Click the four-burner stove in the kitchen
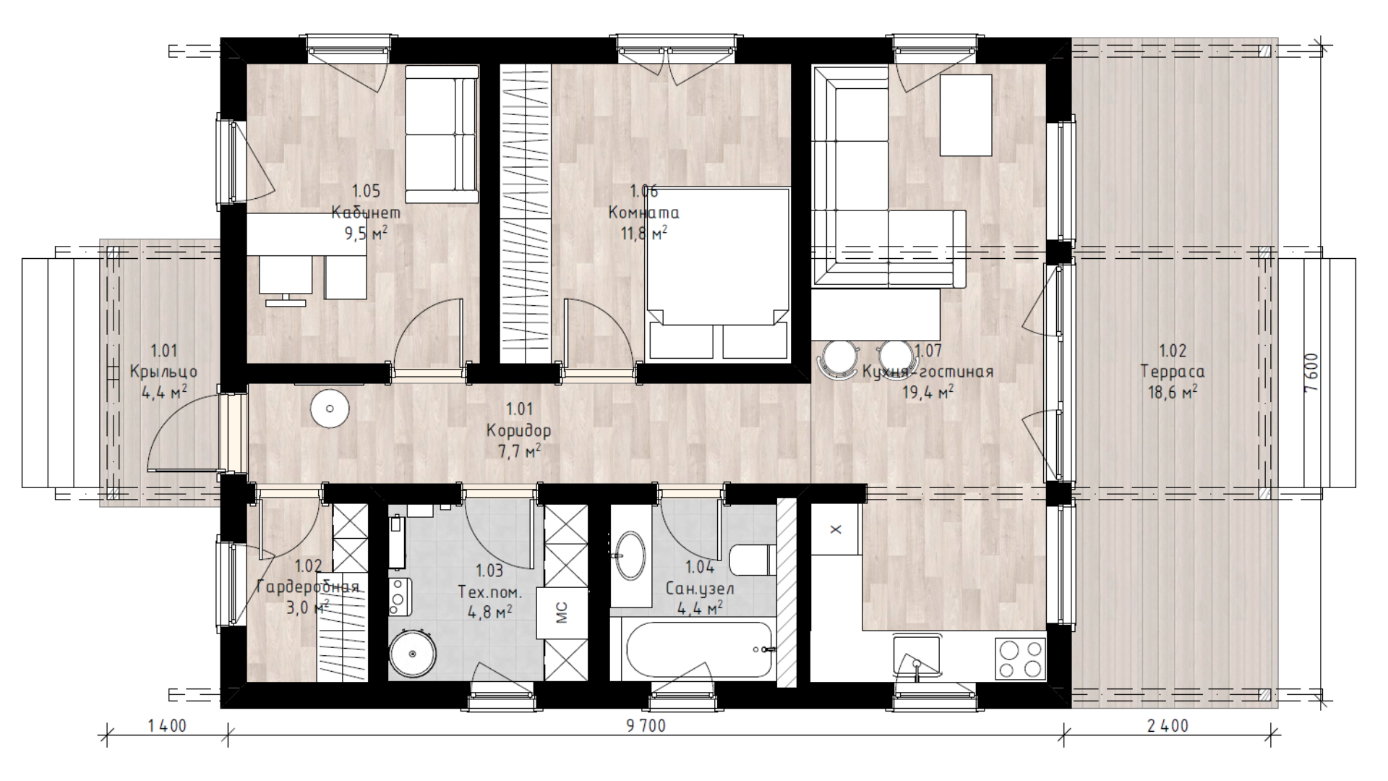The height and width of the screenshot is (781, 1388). (1020, 658)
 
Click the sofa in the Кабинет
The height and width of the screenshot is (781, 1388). (442, 135)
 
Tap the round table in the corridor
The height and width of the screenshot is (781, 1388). (330, 409)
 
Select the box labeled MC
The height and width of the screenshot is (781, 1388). (562, 612)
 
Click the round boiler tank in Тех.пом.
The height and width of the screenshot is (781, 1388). (412, 654)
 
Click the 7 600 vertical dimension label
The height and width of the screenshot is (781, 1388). (1311, 373)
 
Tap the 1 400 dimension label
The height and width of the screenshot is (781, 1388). (167, 725)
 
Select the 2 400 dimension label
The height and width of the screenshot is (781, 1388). (1168, 725)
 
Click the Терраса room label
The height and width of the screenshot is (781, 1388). (1173, 372)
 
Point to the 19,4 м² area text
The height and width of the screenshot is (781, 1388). (928, 392)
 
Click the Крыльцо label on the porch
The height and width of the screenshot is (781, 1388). (163, 372)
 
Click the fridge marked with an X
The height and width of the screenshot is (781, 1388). (836, 529)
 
